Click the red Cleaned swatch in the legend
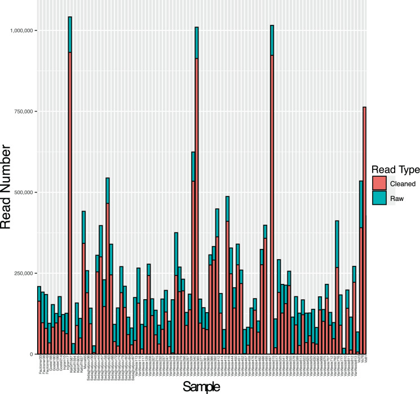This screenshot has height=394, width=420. (379, 183)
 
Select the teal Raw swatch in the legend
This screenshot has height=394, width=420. (379, 198)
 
